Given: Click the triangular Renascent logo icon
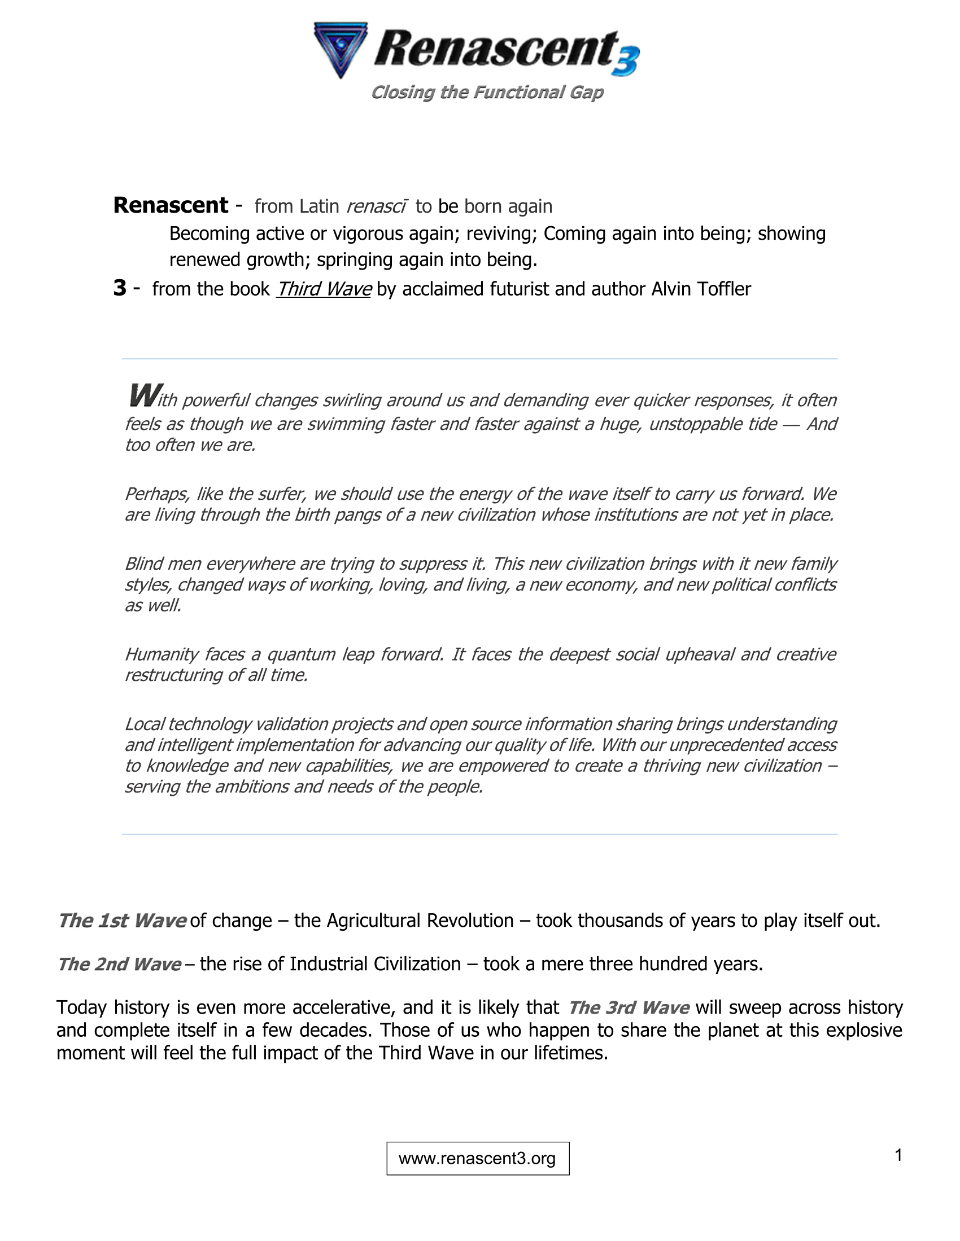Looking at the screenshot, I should [340, 49].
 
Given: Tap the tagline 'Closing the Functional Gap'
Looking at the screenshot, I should [487, 92].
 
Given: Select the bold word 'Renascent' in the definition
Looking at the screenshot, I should [171, 205].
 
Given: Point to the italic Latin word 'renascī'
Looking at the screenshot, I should [376, 206].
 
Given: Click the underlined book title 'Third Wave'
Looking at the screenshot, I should [324, 289].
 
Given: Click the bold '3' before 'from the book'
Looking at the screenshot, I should [119, 288].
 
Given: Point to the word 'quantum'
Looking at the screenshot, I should [299, 654].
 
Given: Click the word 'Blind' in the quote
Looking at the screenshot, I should [143, 564].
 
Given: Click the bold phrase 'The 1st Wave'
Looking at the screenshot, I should [122, 921].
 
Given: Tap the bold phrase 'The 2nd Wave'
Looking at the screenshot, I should [119, 964].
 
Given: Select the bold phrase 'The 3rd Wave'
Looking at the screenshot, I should [629, 1007].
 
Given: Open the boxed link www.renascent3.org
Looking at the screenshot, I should [477, 1159].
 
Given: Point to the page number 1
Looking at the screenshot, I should [898, 1155].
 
